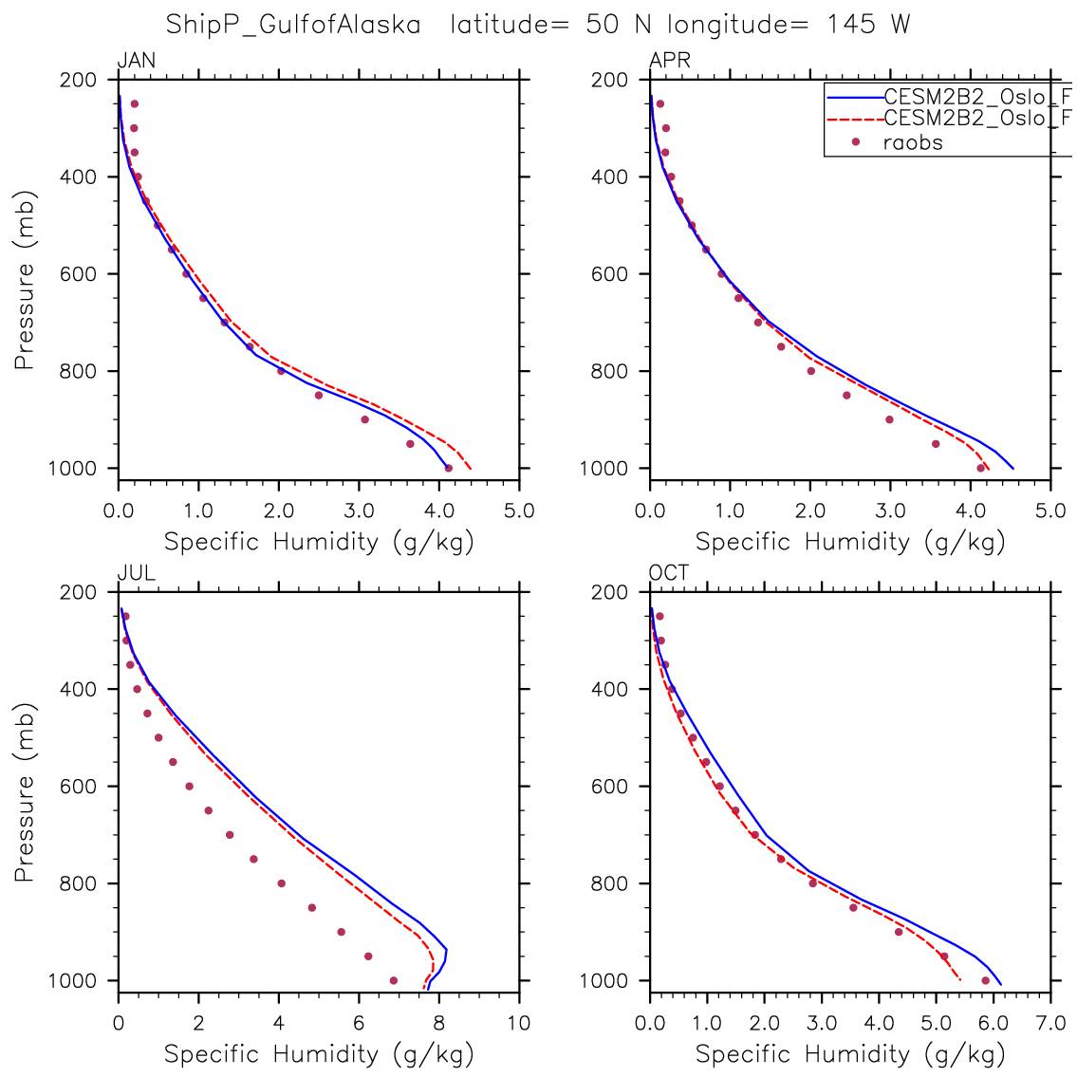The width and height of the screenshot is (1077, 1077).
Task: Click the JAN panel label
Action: [x=136, y=62]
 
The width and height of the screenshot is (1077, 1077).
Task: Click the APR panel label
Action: [x=669, y=62]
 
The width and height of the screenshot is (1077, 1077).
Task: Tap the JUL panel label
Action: [x=136, y=573]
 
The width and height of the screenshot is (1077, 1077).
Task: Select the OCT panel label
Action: [x=669, y=573]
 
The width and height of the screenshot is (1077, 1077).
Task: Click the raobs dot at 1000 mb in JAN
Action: [x=448, y=468]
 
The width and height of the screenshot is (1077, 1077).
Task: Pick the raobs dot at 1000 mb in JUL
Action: [x=394, y=980]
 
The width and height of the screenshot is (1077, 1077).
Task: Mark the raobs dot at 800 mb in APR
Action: [x=810, y=371]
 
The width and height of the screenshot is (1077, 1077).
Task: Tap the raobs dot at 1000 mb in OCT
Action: [x=985, y=980]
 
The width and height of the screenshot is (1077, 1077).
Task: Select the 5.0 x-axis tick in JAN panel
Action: [x=519, y=511]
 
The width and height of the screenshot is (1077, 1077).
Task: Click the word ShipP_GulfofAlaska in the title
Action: [x=293, y=26]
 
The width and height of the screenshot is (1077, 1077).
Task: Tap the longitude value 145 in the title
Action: [x=851, y=26]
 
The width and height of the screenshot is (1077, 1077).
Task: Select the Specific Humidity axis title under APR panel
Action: [x=849, y=542]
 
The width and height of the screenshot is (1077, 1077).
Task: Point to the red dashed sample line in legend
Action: [x=854, y=120]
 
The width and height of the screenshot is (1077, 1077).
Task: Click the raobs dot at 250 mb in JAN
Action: [x=134, y=103]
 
